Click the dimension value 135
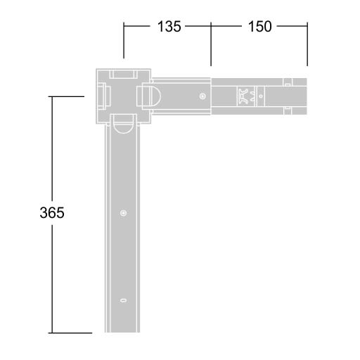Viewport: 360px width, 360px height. pyautogui.click(x=169, y=26)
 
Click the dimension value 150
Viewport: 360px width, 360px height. pyautogui.click(x=260, y=26)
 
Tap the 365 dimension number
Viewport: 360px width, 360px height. pyautogui.click(x=52, y=213)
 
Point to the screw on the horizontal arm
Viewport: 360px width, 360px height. pyautogui.click(x=202, y=96)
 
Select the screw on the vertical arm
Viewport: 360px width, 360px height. pyautogui.click(x=124, y=213)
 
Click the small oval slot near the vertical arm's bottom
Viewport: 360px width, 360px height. pyautogui.click(x=123, y=300)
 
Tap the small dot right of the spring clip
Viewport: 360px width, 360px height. pyautogui.click(x=261, y=96)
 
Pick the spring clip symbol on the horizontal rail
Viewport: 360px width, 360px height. pyautogui.click(x=246, y=96)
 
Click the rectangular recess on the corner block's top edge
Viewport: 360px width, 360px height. pyautogui.click(x=123, y=74)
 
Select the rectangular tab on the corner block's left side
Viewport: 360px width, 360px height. pyautogui.click(x=103, y=96)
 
